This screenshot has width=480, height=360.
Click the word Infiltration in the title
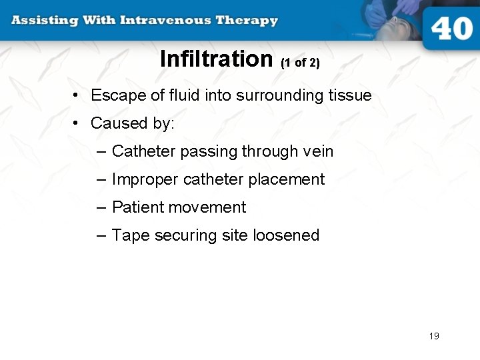[x=217, y=59]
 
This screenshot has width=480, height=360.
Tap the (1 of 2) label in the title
[x=301, y=63]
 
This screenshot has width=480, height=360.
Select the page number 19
[x=434, y=336]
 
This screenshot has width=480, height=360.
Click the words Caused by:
[x=132, y=124]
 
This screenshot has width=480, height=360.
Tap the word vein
[x=317, y=152]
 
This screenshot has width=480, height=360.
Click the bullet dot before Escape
[x=77, y=96]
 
